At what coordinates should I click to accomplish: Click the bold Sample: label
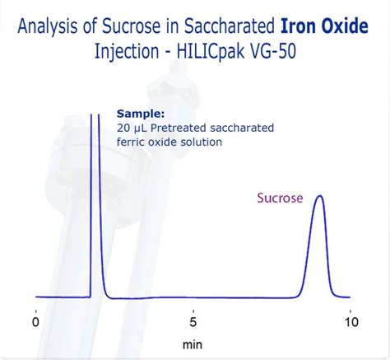(x=141, y=114)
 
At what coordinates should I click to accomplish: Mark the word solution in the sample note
(x=202, y=143)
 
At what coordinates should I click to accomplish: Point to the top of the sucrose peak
(x=319, y=196)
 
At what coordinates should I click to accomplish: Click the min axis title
(x=193, y=343)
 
